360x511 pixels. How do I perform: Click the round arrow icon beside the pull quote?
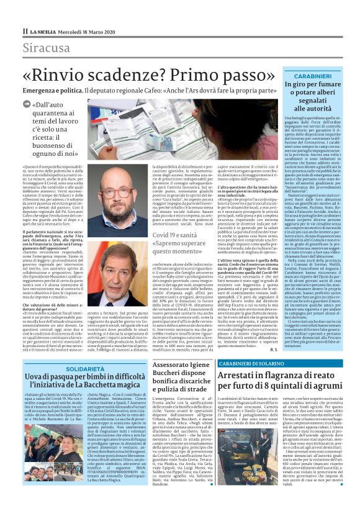click(x=35, y=106)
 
